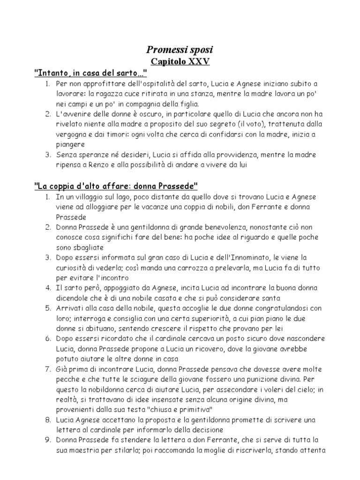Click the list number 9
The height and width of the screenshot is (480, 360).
point(47,440)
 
